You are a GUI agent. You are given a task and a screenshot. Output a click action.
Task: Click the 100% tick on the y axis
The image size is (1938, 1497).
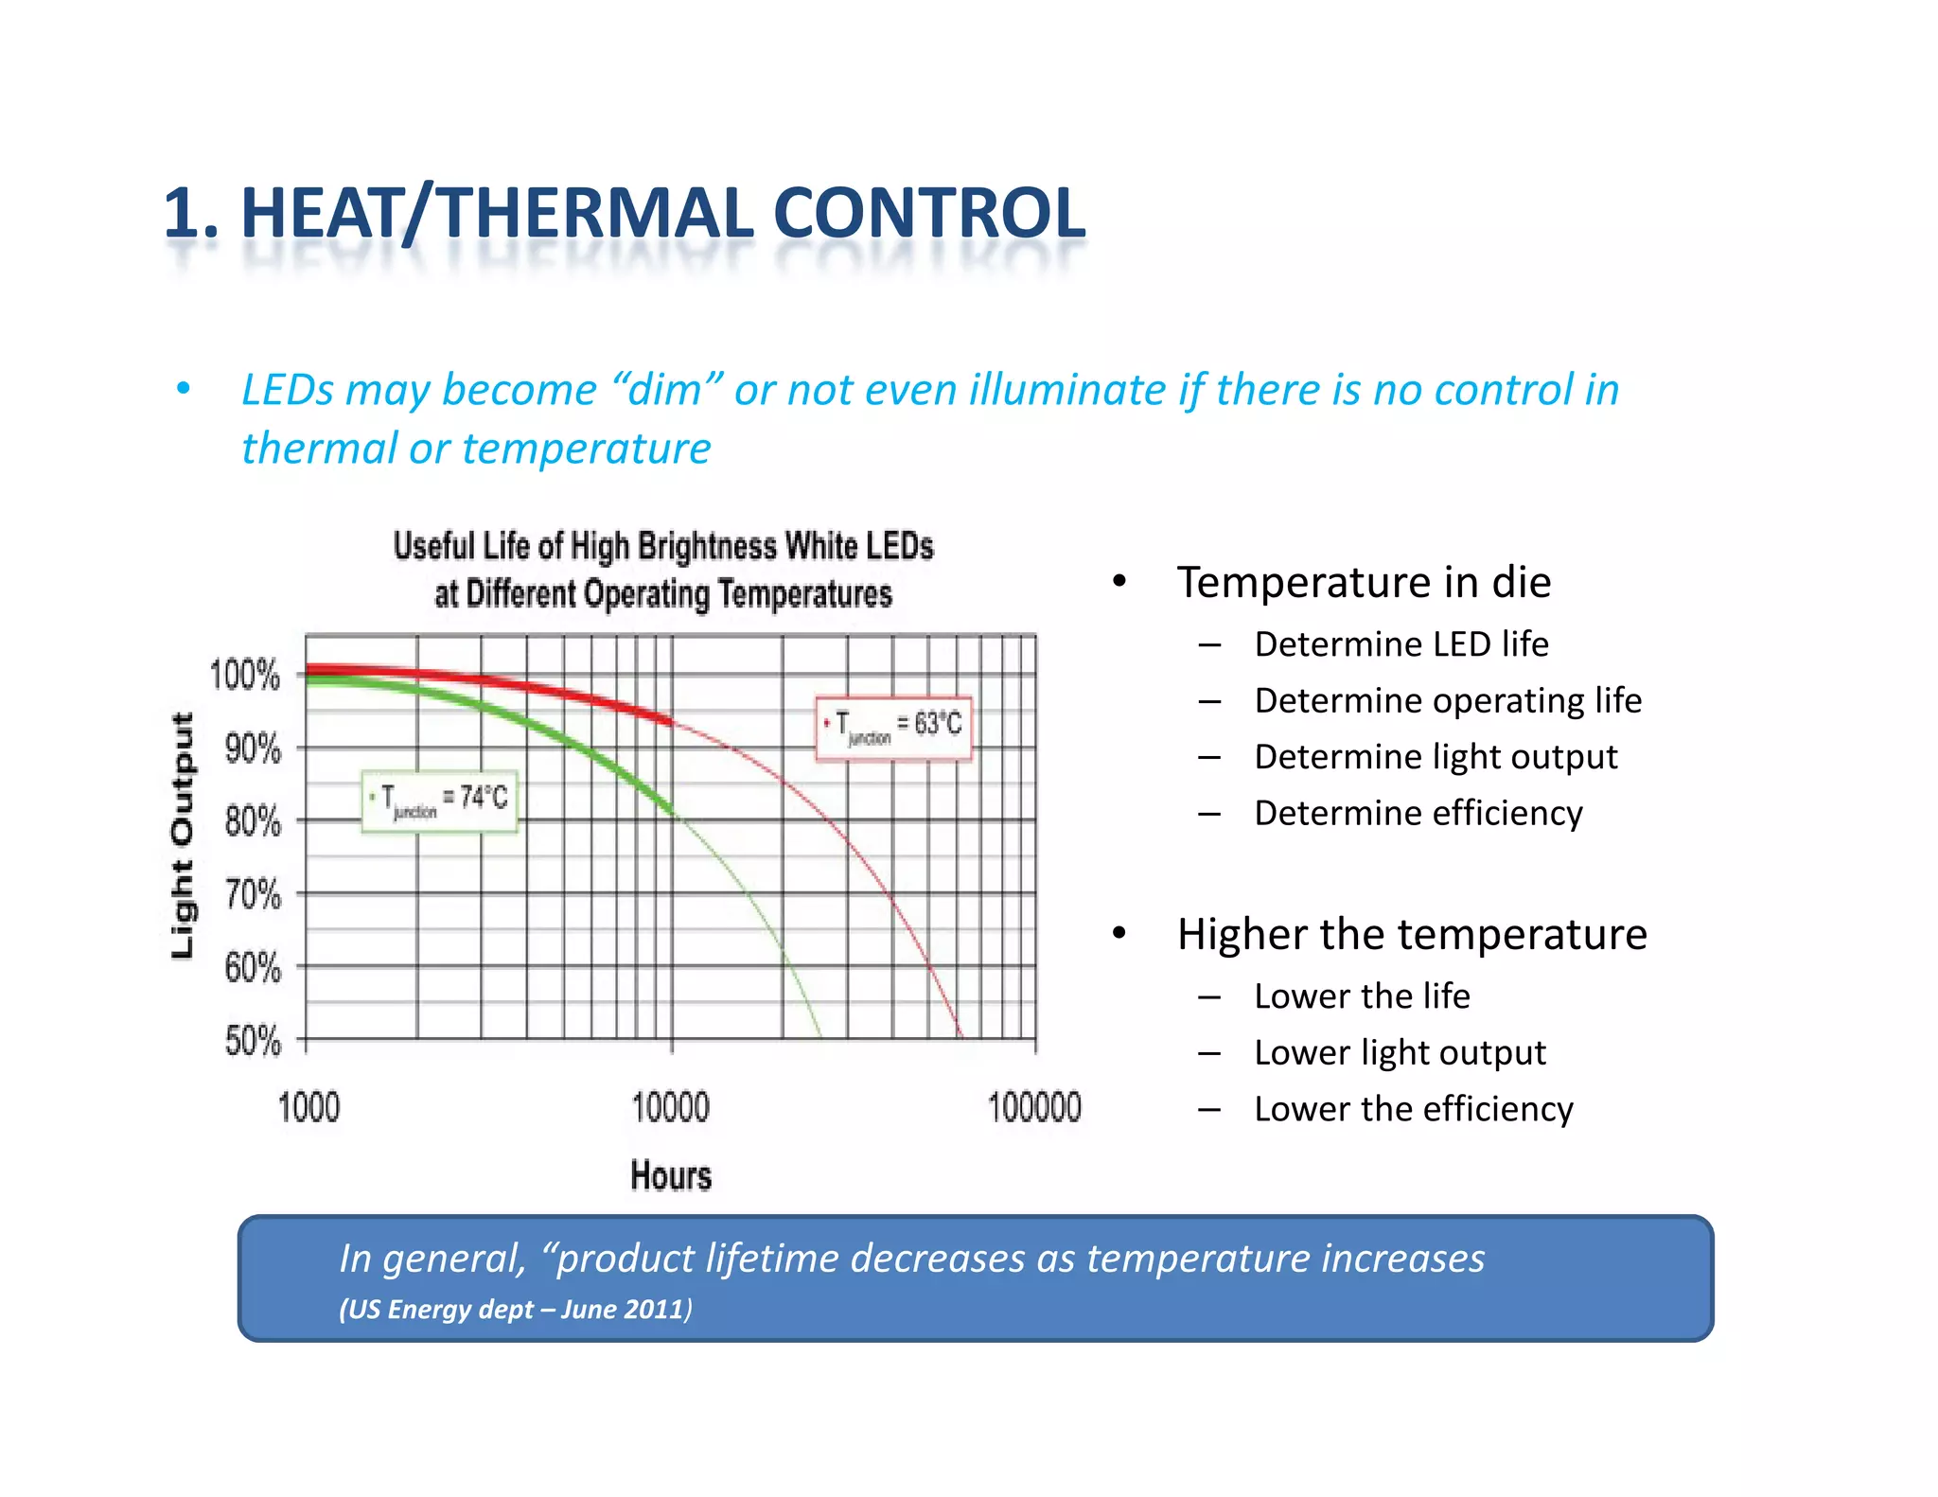(x=245, y=676)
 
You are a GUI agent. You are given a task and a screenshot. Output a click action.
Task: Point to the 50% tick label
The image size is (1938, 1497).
(x=253, y=1041)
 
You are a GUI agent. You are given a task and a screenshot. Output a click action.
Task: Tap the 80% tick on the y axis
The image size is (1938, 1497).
(x=253, y=821)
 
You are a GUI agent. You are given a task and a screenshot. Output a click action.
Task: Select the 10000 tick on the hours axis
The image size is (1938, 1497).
(x=670, y=1107)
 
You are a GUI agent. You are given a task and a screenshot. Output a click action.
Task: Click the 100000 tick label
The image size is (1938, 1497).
(x=1033, y=1107)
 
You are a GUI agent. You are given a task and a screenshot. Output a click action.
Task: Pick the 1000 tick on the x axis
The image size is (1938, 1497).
(x=308, y=1107)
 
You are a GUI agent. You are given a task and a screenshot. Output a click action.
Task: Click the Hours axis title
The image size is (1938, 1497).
(x=670, y=1176)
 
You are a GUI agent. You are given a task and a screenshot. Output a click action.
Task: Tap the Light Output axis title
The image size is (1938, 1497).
(x=183, y=836)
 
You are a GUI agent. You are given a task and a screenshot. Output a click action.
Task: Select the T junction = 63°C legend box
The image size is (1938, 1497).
(x=893, y=727)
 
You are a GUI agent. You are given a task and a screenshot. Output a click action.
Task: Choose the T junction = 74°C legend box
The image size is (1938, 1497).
(x=439, y=801)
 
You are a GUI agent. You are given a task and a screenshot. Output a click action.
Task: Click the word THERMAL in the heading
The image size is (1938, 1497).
(x=596, y=213)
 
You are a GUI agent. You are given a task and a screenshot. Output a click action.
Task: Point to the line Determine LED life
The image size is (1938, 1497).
(x=1401, y=644)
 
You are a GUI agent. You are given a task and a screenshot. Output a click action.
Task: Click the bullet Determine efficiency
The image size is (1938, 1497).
(x=1418, y=814)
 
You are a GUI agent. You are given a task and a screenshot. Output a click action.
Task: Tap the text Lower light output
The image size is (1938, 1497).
(x=1400, y=1052)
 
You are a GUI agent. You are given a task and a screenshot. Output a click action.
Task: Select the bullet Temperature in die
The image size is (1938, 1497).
(x=1363, y=582)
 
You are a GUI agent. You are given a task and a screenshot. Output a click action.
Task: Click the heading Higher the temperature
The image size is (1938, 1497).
(x=1411, y=934)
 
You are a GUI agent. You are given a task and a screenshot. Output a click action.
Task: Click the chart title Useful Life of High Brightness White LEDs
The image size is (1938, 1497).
(x=662, y=547)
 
